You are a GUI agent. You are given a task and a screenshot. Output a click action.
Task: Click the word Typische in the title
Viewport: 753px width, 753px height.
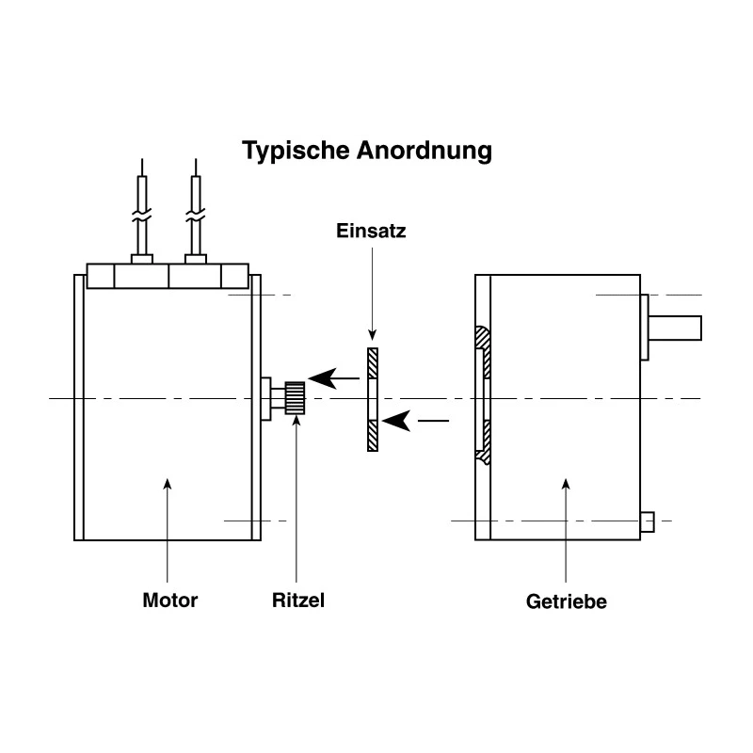coord(296,152)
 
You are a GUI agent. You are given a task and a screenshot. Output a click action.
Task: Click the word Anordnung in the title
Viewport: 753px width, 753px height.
coord(425,151)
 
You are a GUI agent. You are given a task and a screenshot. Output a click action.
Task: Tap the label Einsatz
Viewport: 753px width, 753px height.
coord(371,231)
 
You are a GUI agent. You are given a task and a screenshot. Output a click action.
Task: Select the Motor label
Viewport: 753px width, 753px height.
coord(170,601)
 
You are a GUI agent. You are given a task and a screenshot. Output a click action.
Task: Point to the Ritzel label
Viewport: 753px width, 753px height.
coord(298,601)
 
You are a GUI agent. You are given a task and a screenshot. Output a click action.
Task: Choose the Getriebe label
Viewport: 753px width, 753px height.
coord(567,601)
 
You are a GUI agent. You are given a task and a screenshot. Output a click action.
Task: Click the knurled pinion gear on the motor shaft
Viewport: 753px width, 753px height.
coord(295,398)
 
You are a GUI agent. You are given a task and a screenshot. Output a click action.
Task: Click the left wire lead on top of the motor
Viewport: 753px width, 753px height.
coord(142,211)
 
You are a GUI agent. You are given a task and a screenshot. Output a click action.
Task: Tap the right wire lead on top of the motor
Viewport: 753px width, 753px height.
coord(196,211)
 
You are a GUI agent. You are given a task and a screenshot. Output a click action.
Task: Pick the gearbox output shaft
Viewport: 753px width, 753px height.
coord(675,328)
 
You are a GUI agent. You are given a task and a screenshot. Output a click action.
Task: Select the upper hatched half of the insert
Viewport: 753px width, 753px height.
coord(373,363)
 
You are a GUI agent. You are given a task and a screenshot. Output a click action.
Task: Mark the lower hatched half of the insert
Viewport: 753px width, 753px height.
coord(373,436)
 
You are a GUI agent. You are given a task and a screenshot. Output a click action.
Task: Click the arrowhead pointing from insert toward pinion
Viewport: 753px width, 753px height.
coord(322,378)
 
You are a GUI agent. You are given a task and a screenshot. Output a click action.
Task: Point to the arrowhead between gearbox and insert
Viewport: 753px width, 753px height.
coord(396,421)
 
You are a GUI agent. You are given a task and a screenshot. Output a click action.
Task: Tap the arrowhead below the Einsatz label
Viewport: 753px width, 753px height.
coord(372,335)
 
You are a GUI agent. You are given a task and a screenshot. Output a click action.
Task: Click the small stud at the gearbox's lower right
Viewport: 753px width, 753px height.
coord(648,522)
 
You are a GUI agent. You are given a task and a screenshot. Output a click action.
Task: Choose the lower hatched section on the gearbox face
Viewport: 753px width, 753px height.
coord(484,441)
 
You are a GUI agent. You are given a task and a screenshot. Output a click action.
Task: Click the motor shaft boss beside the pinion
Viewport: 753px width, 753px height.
coord(266,398)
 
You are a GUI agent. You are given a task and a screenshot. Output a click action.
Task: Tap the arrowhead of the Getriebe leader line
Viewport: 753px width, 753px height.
coord(567,484)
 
